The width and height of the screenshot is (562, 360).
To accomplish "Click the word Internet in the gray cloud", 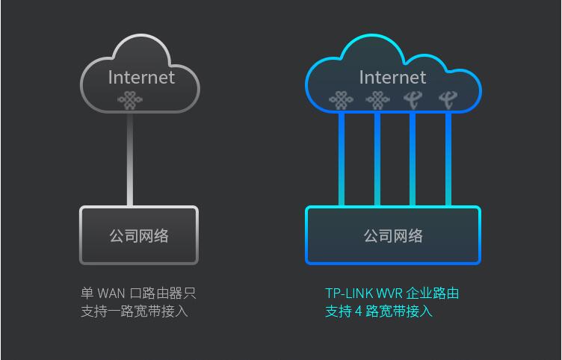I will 141,77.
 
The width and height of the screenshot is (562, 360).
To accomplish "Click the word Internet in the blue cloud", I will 392,77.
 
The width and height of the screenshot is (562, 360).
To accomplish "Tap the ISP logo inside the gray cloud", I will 129,100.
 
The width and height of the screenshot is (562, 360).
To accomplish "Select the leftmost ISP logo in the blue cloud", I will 341,99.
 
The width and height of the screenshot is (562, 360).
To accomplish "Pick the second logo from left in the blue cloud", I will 377,99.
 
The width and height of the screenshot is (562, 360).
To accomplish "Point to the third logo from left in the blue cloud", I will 413,99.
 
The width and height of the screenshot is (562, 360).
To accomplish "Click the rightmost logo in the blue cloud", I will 448,99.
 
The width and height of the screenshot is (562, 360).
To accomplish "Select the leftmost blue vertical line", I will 341,159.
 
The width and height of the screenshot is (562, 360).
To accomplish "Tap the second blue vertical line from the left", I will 377,159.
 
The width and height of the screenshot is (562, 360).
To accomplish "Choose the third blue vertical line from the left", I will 413,159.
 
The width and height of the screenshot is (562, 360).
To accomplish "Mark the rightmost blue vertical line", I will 448,159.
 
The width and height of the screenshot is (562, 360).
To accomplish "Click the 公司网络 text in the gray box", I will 139,236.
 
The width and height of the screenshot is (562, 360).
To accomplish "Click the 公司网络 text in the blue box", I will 393,236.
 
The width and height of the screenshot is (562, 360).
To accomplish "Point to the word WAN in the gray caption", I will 111,294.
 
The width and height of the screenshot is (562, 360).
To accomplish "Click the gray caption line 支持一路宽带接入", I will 135,311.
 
